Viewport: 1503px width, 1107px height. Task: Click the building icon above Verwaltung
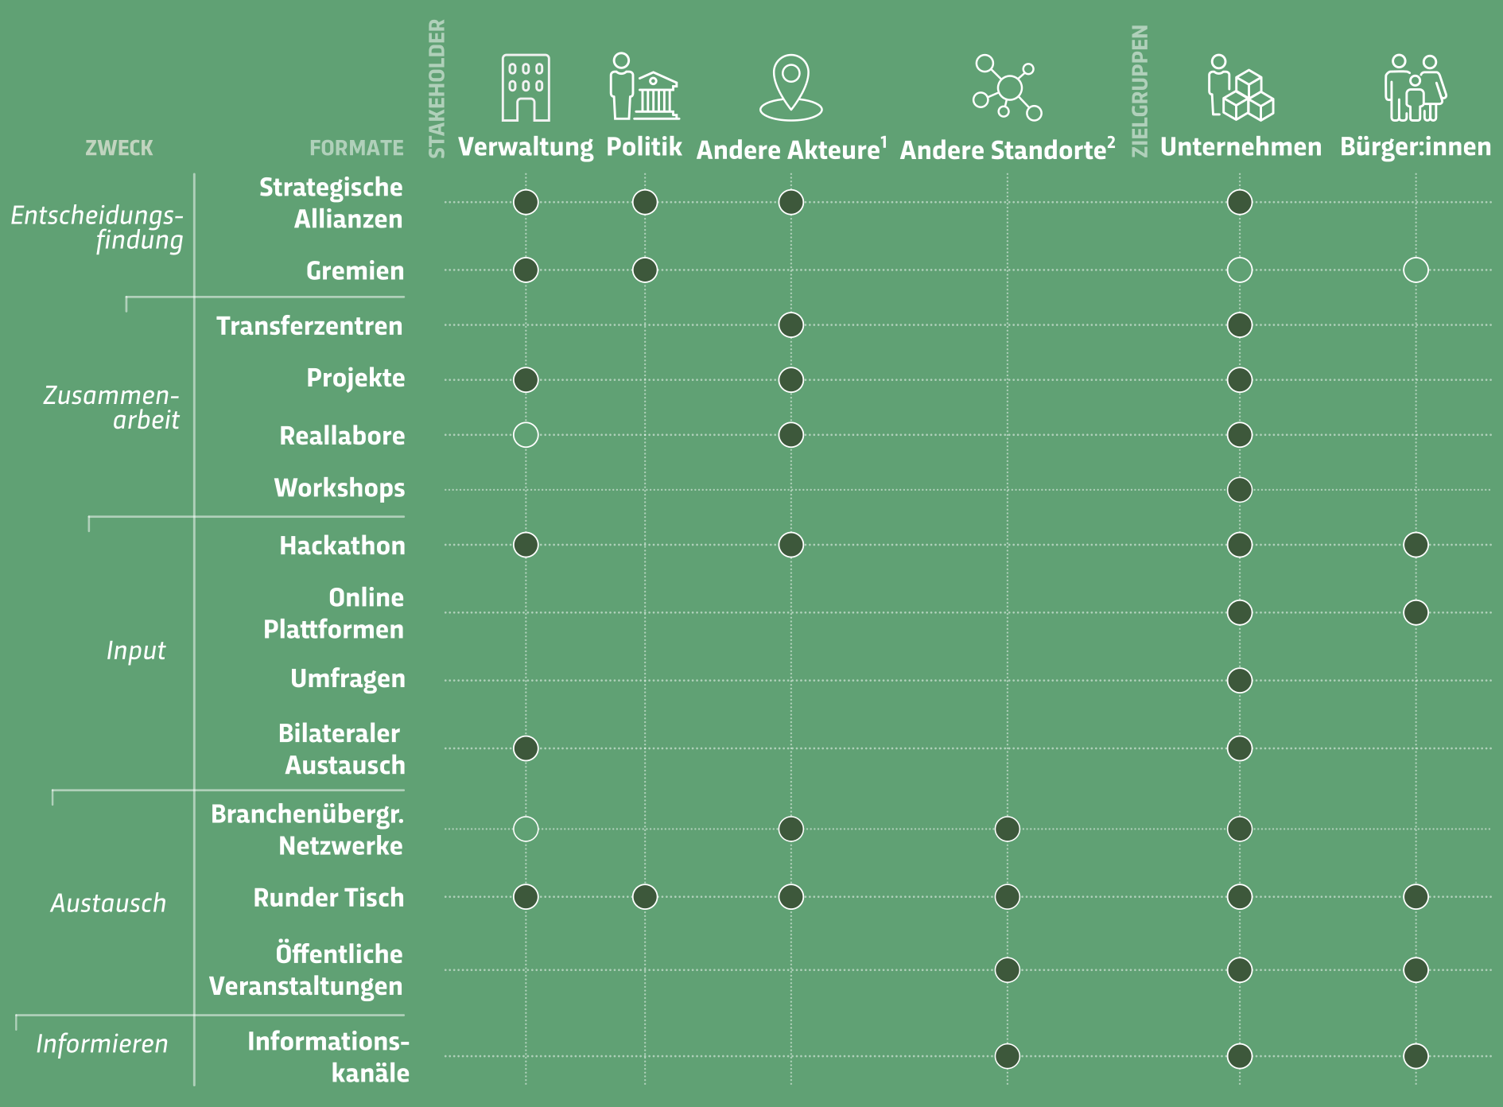tap(526, 87)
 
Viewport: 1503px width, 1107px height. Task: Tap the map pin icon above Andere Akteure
tap(790, 87)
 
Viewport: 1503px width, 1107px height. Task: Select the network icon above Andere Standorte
tap(1008, 87)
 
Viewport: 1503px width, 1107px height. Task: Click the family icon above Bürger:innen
tap(1416, 87)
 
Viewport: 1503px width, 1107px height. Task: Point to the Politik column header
tap(644, 146)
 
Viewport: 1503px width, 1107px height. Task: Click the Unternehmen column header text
tap(1241, 147)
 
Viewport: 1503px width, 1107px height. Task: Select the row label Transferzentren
tap(309, 326)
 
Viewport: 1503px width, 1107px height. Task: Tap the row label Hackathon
tap(342, 546)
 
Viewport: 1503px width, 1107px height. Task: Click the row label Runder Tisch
tap(328, 898)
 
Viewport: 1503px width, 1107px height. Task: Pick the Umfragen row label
tap(348, 679)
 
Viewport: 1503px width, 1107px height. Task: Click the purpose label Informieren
tap(102, 1044)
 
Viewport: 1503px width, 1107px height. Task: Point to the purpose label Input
tap(136, 651)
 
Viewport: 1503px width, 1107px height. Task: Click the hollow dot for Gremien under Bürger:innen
tap(1416, 270)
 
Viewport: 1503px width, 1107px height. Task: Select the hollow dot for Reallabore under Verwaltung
tap(526, 435)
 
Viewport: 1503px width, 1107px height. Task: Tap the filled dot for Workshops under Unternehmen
tap(1240, 490)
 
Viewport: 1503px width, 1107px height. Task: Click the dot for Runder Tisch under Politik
tap(645, 897)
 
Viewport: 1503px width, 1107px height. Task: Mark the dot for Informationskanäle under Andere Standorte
tap(1008, 1056)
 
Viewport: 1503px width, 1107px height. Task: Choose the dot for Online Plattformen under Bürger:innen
tap(1416, 613)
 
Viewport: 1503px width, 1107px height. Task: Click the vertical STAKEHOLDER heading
tap(437, 88)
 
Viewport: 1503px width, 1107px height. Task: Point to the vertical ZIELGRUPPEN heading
tap(1140, 91)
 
